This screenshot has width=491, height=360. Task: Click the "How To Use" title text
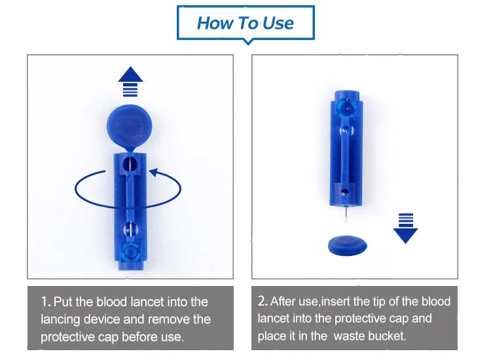[x=245, y=23]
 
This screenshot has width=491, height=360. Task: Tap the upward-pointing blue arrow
[x=130, y=81]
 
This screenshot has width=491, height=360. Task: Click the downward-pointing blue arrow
[x=405, y=228]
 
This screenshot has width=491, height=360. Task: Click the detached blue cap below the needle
[x=347, y=245]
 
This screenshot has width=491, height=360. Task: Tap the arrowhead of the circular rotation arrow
[x=154, y=172]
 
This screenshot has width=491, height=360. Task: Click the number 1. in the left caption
[x=46, y=302]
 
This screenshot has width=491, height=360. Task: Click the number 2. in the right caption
[x=263, y=301]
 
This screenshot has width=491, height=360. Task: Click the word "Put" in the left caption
[x=64, y=302]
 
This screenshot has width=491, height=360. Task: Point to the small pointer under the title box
[x=248, y=42]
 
